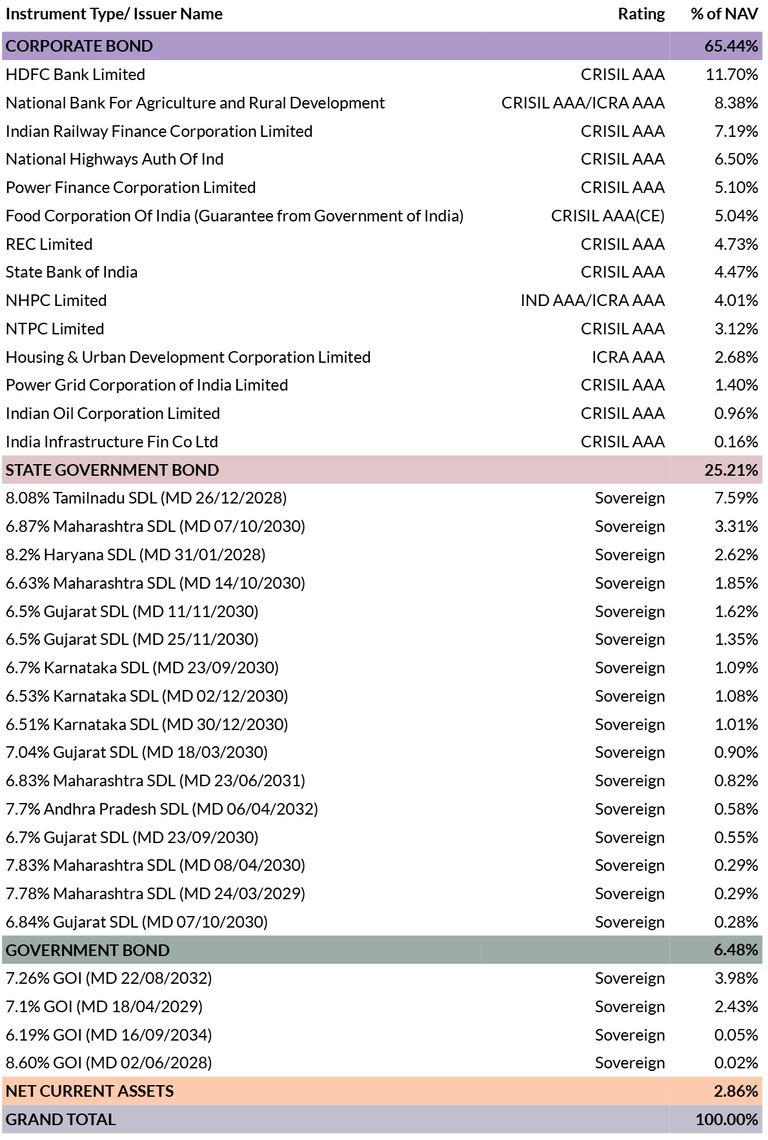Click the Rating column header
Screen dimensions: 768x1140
[641, 14]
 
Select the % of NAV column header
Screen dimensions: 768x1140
[724, 14]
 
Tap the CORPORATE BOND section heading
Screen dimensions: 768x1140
[79, 46]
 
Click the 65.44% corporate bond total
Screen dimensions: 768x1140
[731, 46]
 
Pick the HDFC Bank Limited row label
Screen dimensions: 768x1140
[76, 75]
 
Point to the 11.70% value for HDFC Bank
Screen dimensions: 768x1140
[732, 75]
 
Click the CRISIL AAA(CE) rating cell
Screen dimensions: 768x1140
[608, 216]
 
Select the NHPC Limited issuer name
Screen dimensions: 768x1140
[56, 301]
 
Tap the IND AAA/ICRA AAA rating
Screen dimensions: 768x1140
[592, 301]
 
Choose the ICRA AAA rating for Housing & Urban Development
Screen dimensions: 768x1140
[628, 358]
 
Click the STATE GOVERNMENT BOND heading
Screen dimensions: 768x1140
[112, 470]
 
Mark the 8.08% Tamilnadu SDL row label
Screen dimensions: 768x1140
[147, 498]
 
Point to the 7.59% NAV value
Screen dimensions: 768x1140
[736, 498]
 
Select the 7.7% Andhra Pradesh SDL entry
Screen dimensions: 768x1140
[162, 809]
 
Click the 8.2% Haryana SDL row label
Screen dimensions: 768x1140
[136, 555]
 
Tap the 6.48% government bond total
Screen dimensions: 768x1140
[736, 950]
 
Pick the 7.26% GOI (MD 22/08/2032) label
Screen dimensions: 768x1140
[109, 979]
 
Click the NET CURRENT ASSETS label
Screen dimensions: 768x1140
[90, 1092]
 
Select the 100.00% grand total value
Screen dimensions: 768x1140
[727, 1120]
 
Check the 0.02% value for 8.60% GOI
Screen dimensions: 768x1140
[736, 1063]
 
